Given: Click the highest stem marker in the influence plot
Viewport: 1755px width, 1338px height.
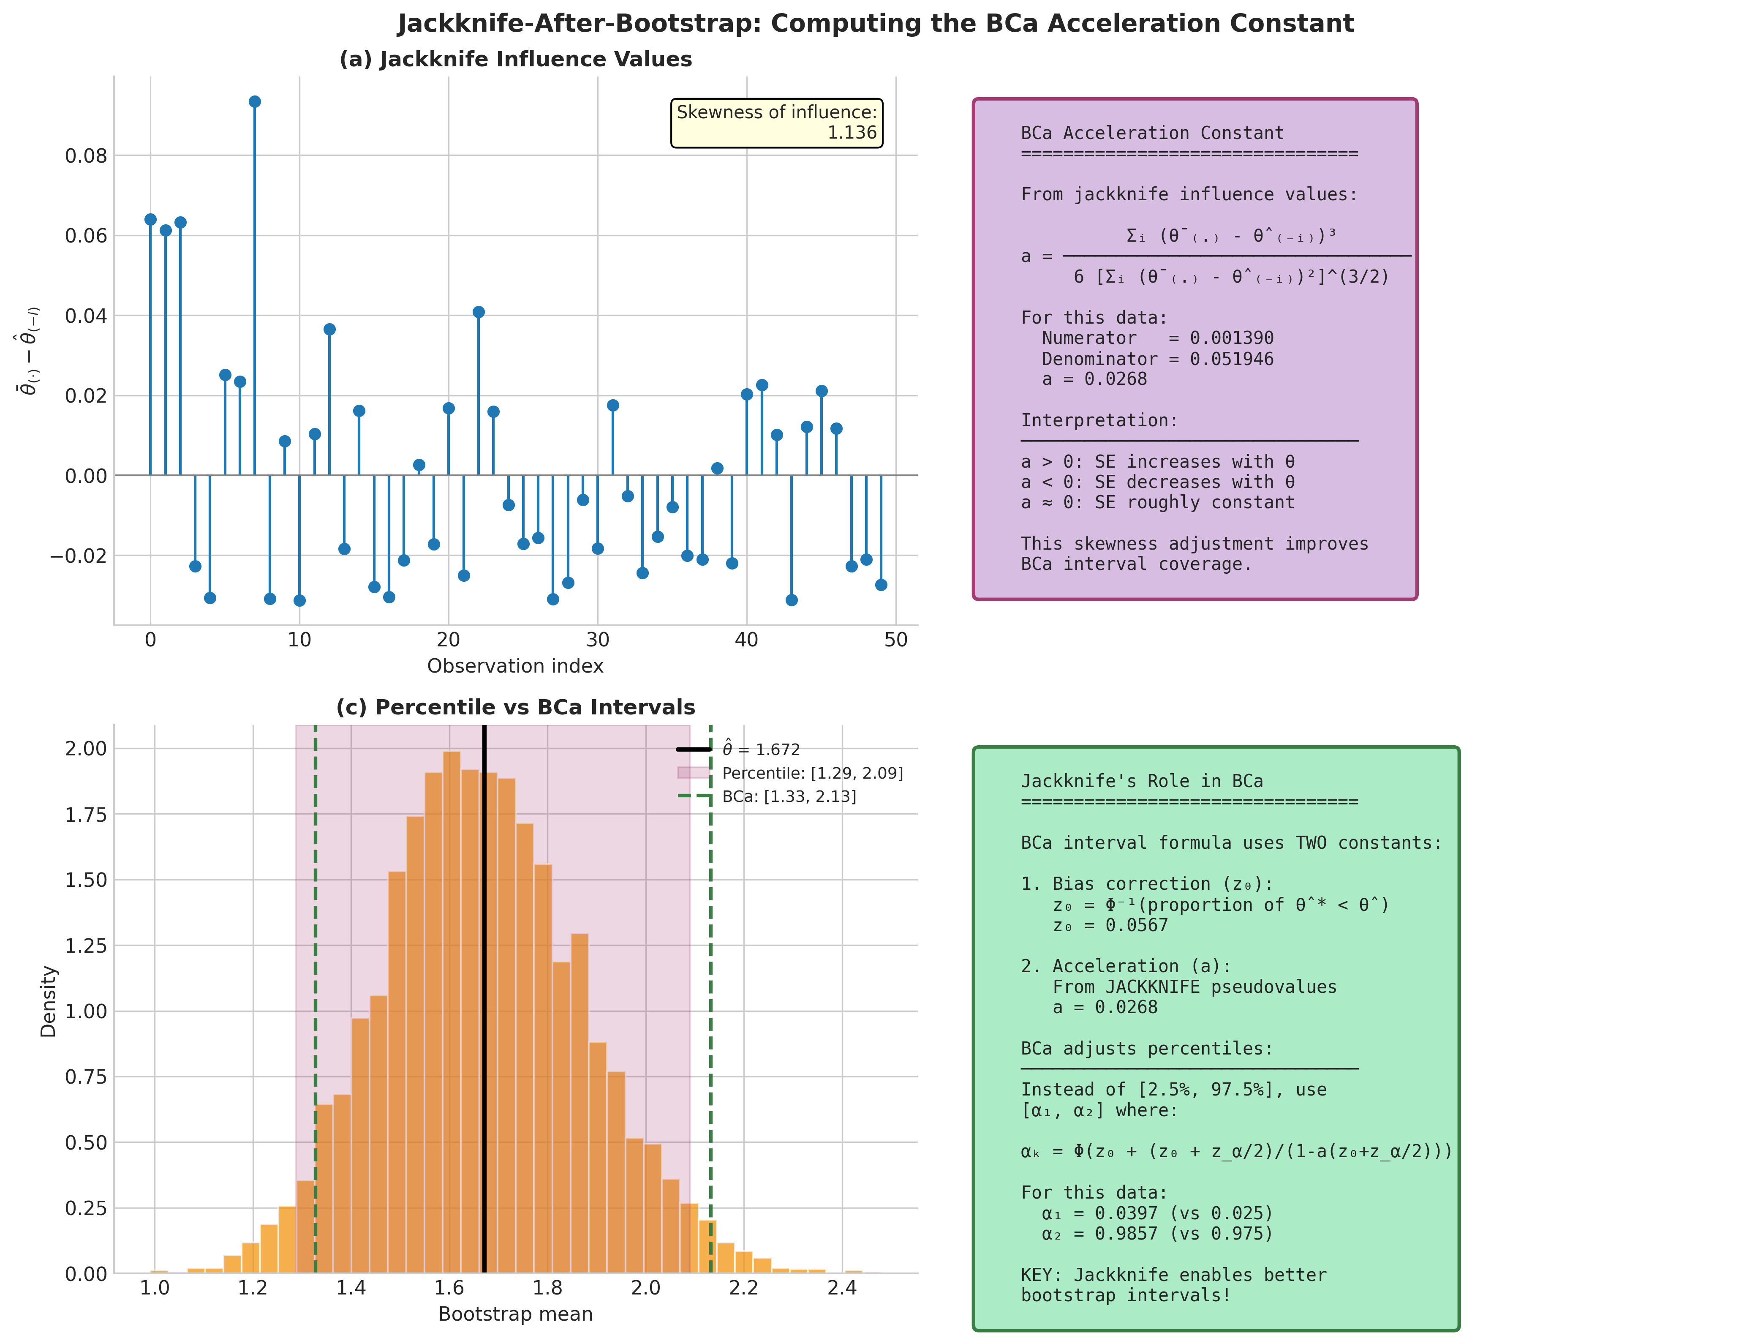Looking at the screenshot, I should coord(255,102).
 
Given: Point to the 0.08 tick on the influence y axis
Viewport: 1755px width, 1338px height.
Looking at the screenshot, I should coord(86,156).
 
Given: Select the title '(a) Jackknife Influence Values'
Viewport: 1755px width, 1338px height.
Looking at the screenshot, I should coord(515,60).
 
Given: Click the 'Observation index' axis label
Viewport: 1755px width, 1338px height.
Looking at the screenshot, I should coord(515,666).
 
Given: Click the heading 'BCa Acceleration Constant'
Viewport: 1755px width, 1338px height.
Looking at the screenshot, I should coord(1152,133).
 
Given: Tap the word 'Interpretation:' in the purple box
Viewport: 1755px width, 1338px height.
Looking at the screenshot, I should coord(1099,420).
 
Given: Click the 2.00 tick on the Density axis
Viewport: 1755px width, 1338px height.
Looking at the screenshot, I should coord(86,749).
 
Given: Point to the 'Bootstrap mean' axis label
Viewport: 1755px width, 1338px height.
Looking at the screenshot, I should coord(515,1314).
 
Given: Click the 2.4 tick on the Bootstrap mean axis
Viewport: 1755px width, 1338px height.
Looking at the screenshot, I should coord(842,1288).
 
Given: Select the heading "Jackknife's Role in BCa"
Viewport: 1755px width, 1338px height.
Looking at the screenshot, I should coord(1142,781).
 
